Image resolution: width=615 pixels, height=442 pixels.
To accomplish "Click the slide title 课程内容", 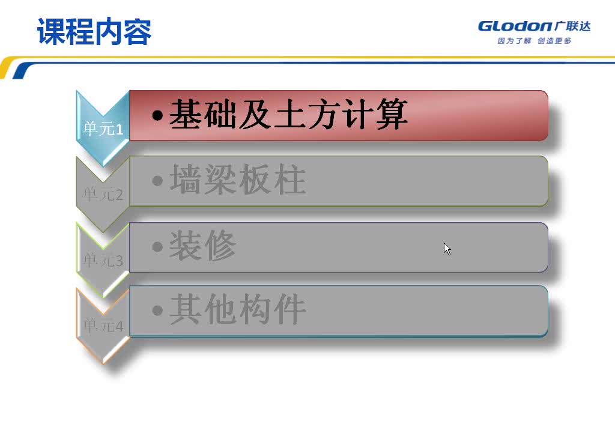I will click(94, 32).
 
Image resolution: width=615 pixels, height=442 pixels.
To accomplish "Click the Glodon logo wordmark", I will click(515, 26).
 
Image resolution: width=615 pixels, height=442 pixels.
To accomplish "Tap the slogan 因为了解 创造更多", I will click(535, 41).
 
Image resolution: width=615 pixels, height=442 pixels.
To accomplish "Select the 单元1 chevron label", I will click(103, 129).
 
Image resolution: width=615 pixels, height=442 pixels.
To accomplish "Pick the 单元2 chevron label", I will click(103, 195).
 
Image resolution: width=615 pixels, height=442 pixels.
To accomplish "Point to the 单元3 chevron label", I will click(103, 261).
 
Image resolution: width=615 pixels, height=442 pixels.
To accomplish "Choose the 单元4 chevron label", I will click(103, 326).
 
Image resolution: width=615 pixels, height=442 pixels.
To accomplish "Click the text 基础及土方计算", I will click(288, 114).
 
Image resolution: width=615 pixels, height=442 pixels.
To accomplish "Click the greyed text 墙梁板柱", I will click(238, 180).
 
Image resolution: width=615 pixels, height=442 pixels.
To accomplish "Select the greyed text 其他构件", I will click(238, 309).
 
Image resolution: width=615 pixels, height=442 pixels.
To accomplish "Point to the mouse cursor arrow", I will click(446, 247).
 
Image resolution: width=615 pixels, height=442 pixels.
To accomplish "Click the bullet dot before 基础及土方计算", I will click(157, 115).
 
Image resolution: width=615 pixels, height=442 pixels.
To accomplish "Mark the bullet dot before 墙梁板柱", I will click(157, 180).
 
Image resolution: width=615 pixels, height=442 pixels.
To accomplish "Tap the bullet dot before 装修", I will click(157, 246).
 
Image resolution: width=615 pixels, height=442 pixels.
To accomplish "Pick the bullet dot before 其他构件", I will click(157, 310).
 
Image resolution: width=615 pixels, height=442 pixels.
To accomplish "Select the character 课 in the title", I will click(51, 32).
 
